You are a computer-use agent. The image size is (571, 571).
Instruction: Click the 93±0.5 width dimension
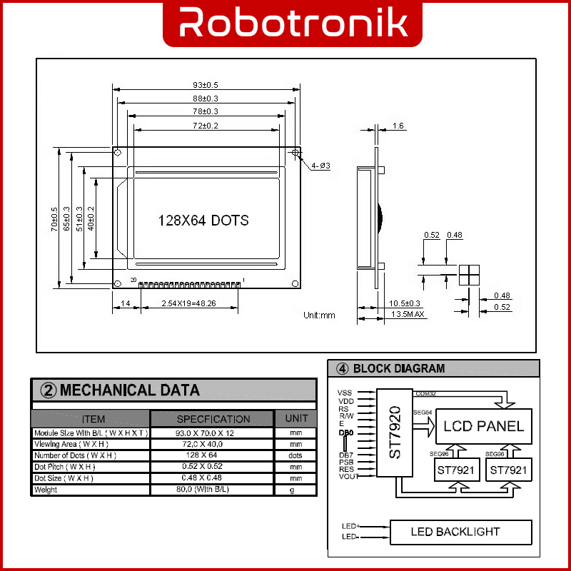206,85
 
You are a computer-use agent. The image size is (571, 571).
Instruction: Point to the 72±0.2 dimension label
206,126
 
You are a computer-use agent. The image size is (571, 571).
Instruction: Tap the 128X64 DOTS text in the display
203,221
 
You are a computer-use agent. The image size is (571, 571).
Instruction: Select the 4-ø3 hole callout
320,166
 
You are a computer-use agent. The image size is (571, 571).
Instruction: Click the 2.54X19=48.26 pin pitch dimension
189,304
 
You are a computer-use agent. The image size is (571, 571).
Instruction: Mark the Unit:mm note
319,315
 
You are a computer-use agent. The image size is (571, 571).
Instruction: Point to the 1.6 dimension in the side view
398,126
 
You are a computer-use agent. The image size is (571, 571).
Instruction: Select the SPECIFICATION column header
213,419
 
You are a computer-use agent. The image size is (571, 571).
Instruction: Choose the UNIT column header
296,419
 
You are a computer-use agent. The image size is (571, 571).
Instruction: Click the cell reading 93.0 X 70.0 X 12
213,433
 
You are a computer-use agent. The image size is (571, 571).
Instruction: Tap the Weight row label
46,490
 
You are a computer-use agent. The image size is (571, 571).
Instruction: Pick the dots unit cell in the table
296,455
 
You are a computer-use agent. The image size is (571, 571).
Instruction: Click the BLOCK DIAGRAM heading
398,369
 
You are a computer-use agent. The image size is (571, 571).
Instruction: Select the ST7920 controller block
395,433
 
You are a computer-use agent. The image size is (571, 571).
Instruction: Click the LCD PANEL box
483,427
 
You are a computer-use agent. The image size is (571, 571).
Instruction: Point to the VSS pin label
345,393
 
